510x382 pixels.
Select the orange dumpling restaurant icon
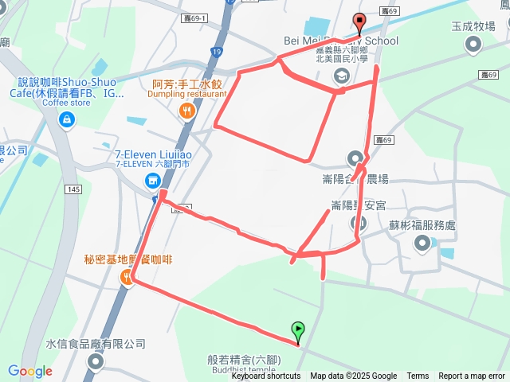[187, 111]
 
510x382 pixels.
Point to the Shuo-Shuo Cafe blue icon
[66, 119]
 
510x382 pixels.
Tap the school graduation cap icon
[341, 76]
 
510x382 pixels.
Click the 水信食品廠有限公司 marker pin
[96, 362]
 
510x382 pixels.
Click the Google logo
[30, 371]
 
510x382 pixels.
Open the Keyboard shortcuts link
[266, 376]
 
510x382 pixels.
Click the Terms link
[418, 376]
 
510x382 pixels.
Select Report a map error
[472, 376]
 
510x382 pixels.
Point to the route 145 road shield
[74, 189]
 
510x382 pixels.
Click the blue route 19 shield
[217, 51]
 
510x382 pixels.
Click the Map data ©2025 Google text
[353, 376]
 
